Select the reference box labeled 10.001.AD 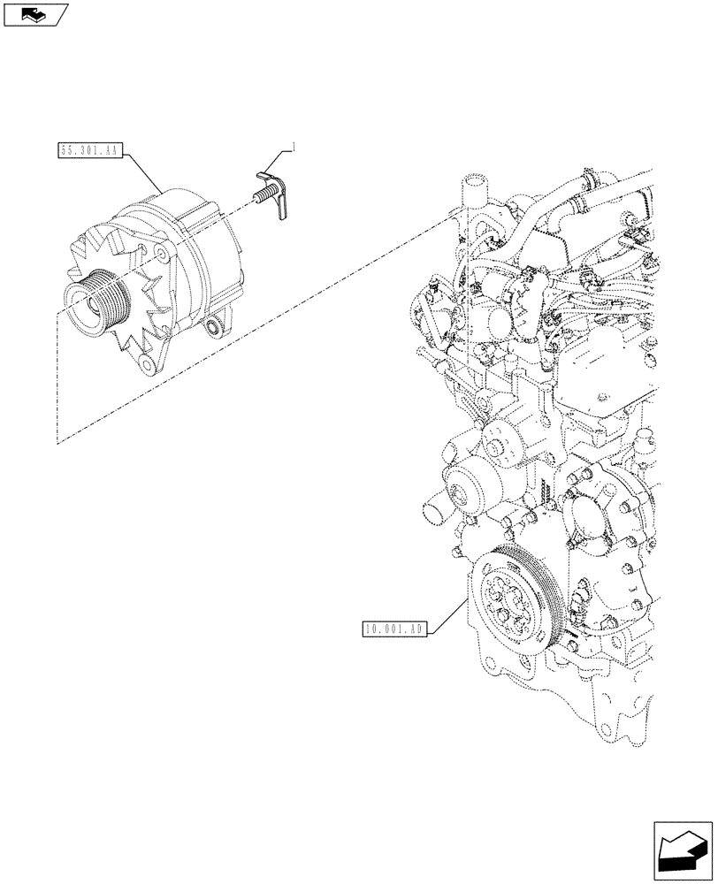[395, 629]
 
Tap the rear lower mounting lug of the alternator [213, 329]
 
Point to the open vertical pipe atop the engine [473, 192]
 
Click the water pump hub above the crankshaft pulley [462, 484]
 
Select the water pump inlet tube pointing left [433, 510]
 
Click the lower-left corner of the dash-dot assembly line [57, 443]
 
